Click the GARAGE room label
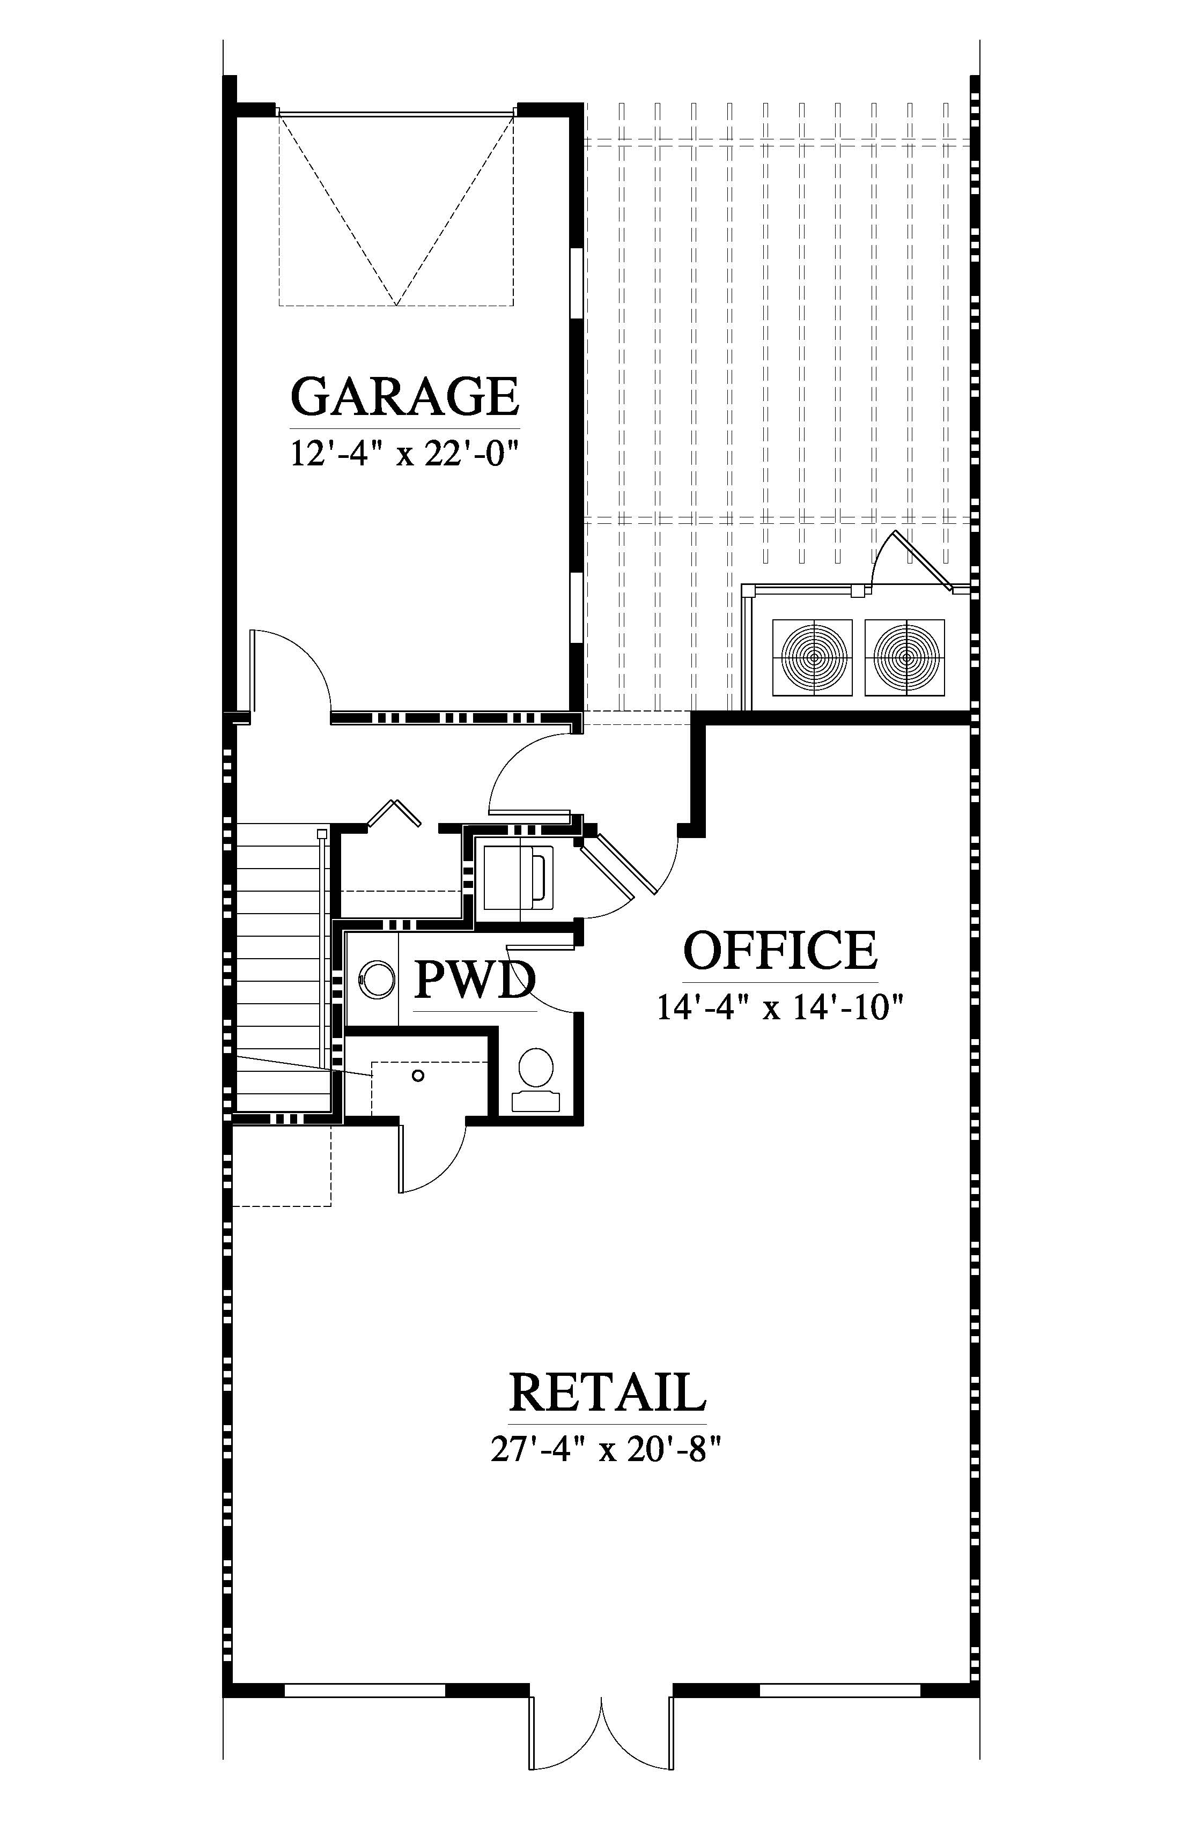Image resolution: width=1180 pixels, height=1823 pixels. (404, 396)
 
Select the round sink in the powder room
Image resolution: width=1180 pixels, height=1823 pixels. (377, 980)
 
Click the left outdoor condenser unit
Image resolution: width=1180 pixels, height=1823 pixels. (812, 657)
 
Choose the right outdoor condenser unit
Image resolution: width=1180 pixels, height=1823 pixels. (905, 657)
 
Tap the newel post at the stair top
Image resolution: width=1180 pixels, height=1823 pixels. (322, 833)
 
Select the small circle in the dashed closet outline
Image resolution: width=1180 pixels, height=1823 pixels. (418, 1076)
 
